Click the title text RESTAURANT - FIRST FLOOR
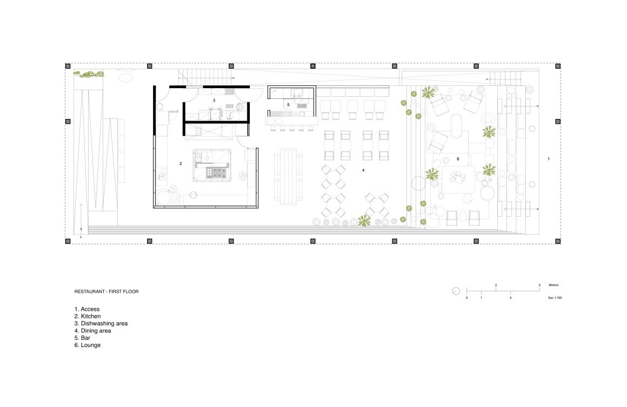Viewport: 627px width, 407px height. pos(106,291)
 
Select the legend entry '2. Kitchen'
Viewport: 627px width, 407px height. pos(88,316)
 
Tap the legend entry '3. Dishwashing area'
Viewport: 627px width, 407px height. pos(101,323)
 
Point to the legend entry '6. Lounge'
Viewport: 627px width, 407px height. pos(88,345)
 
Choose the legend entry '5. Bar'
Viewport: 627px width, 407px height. pos(82,338)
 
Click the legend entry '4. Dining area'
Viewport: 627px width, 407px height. pos(93,331)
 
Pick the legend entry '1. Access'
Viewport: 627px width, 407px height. pos(87,309)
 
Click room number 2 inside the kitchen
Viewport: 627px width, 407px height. pos(181,164)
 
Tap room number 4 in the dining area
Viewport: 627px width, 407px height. pos(363,170)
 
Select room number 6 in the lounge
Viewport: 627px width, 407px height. pos(458,159)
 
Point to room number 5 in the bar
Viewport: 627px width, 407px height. pos(288,105)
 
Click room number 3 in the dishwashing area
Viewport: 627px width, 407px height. pos(214,101)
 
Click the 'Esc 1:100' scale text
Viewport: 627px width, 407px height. pos(555,298)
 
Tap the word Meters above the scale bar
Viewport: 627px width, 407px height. pos(554,285)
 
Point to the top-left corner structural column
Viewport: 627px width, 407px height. pos(68,66)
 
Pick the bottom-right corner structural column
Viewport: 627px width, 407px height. pos(558,241)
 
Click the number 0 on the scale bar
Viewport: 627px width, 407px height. pos(466,298)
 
